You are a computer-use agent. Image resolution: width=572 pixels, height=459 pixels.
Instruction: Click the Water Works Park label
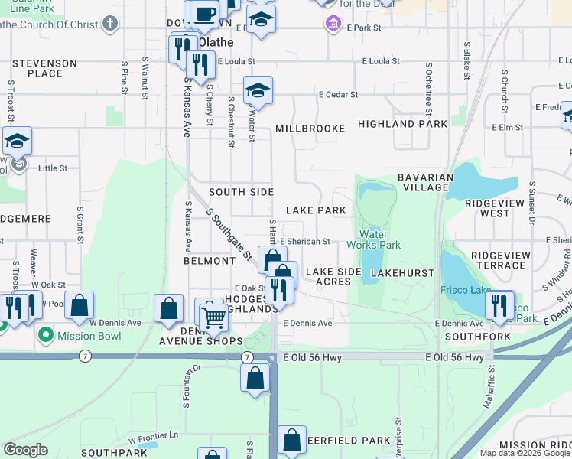click(373, 239)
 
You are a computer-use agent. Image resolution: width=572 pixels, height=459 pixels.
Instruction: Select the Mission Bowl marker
click(45, 334)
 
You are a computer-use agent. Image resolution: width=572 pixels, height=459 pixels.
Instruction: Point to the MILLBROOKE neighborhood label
click(310, 129)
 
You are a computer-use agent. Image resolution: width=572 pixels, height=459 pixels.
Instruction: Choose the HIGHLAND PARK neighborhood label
click(402, 123)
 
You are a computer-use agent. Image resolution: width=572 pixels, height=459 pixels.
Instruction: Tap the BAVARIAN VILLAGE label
click(423, 182)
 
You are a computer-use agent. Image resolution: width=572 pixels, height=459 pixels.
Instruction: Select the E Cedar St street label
click(339, 95)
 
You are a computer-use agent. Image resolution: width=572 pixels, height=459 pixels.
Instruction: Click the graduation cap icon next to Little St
click(17, 142)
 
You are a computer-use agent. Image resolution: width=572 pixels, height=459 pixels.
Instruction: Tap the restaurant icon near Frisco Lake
click(499, 304)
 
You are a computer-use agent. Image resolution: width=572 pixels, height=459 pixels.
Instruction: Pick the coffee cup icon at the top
click(204, 13)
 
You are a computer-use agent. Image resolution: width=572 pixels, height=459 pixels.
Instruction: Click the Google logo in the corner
click(25, 449)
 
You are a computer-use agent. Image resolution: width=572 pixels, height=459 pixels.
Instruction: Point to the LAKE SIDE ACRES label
click(333, 276)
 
